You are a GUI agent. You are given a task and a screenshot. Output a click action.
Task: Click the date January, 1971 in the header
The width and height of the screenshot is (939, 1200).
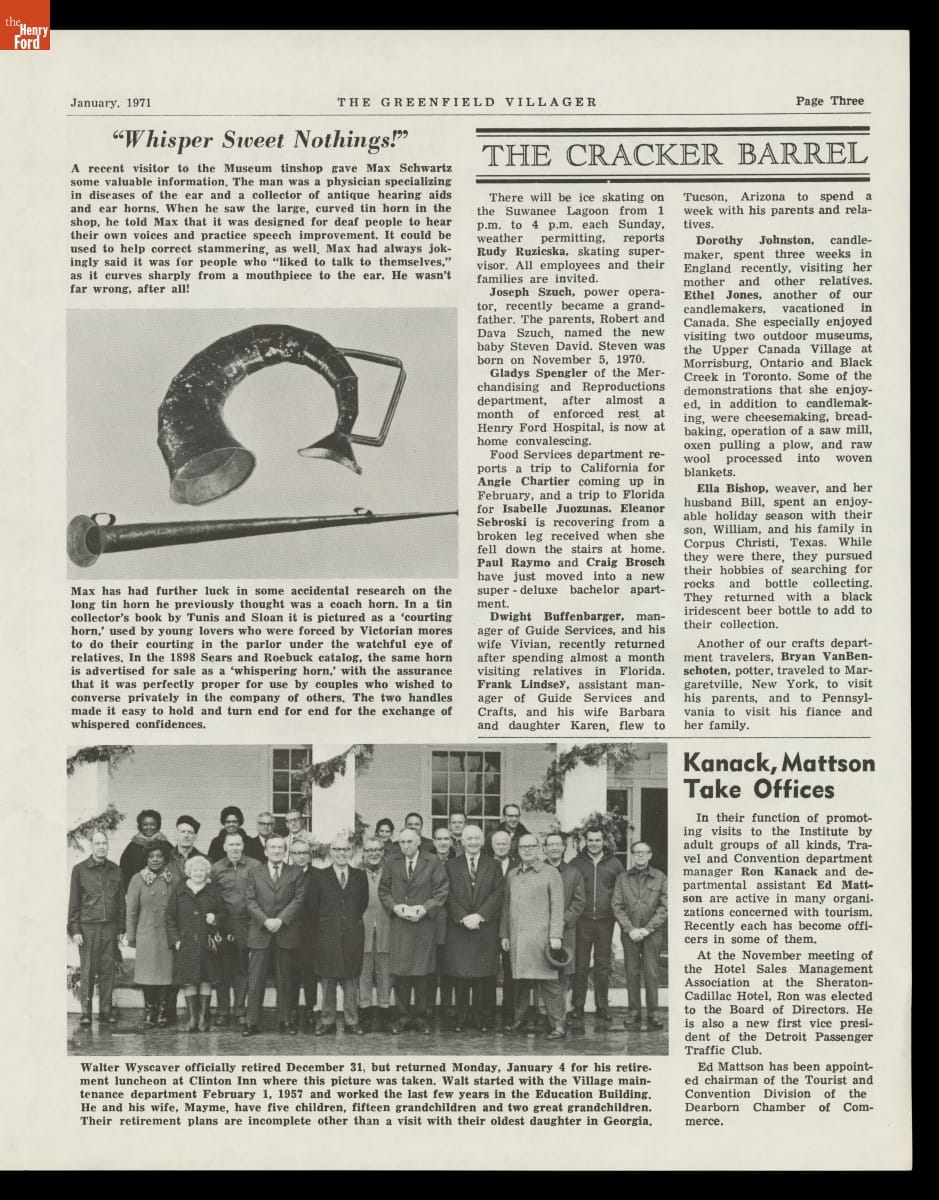pos(110,102)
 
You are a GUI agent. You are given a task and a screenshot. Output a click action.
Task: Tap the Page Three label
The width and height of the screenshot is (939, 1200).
pos(829,101)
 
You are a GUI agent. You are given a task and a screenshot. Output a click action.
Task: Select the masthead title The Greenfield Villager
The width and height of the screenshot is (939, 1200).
pos(467,102)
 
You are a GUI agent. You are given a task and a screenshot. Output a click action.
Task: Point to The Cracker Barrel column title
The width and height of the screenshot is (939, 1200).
pos(674,155)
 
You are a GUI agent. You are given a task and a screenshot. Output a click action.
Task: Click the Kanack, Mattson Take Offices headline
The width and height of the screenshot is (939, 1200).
pos(777,777)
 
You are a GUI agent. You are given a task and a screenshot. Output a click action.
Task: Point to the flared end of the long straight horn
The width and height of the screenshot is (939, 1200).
pos(89,540)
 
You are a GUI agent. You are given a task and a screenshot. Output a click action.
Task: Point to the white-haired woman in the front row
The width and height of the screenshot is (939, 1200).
pos(197,870)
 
